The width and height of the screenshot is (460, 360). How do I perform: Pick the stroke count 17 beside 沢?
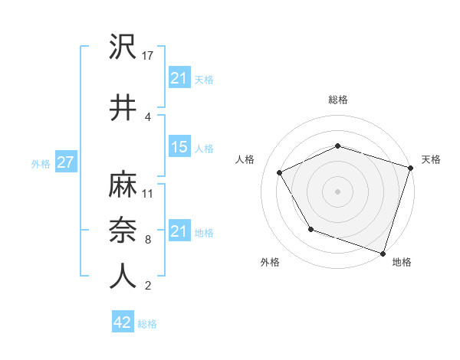coord(149,56)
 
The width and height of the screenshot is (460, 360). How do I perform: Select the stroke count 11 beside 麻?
coord(148,193)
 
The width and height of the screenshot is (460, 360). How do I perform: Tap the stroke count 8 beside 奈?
coord(147,240)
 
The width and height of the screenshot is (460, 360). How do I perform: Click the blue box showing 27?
coord(65,163)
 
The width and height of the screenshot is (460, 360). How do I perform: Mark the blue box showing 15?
coord(179,147)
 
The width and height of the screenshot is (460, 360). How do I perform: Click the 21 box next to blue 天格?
coord(179,78)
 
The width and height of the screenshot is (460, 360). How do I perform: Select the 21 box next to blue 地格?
coord(179,231)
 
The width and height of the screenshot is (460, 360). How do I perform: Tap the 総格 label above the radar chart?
coord(338,100)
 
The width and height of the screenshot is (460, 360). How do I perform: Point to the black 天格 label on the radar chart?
coord(431,159)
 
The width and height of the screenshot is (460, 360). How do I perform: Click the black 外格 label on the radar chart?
coord(270,262)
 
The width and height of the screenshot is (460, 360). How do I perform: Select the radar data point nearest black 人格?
coord(280,173)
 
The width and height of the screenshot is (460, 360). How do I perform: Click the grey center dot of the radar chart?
coord(338,191)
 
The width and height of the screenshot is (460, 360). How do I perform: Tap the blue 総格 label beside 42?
coord(148,323)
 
